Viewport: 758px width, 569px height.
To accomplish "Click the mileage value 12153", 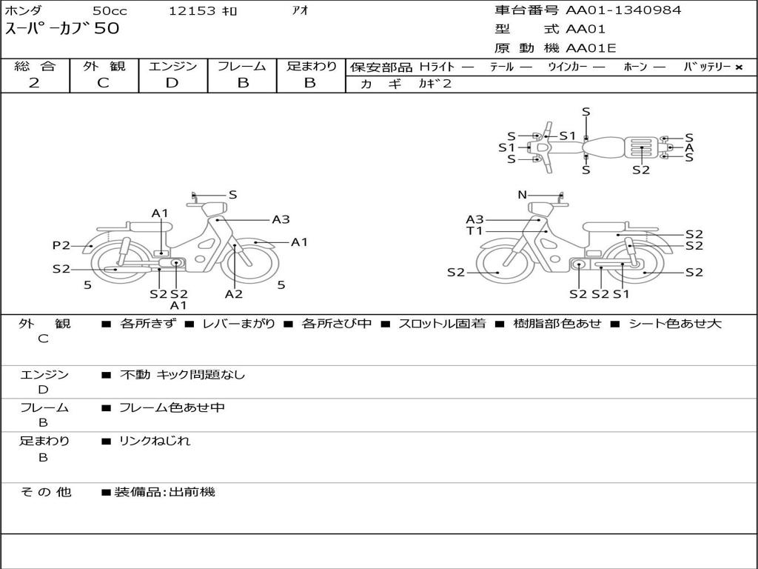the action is click(192, 11).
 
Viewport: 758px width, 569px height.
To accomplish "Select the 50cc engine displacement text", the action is click(110, 11).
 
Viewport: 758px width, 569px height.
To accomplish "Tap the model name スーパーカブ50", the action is click(62, 30).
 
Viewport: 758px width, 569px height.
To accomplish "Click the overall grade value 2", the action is click(34, 83).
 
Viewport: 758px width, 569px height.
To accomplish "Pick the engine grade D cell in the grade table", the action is click(172, 83).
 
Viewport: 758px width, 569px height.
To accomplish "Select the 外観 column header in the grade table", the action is click(104, 67).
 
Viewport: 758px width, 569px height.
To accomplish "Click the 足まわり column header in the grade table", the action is click(311, 67).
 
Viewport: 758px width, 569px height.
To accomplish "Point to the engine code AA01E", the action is click(591, 49).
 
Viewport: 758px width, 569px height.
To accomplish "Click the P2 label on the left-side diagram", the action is click(61, 245).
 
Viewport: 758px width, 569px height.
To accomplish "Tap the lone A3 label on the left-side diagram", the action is click(281, 219).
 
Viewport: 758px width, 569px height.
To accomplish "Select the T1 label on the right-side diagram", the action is click(474, 231).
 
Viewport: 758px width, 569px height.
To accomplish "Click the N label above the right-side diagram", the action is click(522, 195).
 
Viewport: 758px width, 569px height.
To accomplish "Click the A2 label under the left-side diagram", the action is click(234, 294).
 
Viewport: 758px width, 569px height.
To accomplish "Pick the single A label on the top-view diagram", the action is click(689, 147).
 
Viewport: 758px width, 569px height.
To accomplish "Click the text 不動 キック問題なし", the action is click(182, 375).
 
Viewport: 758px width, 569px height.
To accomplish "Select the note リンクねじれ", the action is click(155, 441).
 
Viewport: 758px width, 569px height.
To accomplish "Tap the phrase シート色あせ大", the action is click(674, 324).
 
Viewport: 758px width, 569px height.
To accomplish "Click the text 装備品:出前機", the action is click(164, 492).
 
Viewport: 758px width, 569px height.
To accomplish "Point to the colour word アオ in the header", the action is click(301, 10).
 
